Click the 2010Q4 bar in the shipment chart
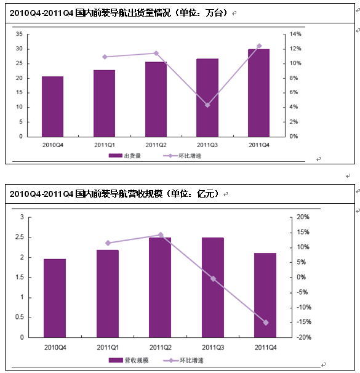click(52, 106)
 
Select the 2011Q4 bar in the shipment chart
click(258, 93)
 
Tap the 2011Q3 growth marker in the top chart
click(207, 105)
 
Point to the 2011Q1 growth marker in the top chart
click(105, 57)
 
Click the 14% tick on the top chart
click(295, 34)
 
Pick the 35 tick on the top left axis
click(19, 34)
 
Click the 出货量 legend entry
click(125, 156)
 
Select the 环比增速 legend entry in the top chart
click(182, 156)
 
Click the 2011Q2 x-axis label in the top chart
click(156, 145)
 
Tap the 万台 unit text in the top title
click(214, 13)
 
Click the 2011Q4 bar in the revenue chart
click(265, 295)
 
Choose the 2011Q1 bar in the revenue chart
click(108, 294)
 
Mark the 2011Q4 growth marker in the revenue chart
click(266, 323)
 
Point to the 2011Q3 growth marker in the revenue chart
click(214, 279)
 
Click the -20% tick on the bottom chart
click(304, 337)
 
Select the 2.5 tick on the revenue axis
click(20, 237)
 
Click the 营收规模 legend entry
click(129, 361)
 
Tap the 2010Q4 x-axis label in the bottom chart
click(55, 348)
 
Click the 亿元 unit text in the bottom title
click(205, 194)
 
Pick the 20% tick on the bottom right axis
click(303, 217)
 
